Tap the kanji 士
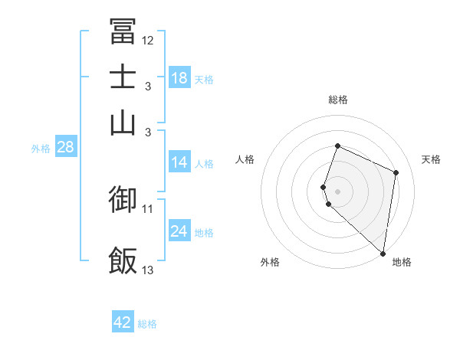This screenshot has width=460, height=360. [123, 78]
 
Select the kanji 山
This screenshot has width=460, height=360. [123, 123]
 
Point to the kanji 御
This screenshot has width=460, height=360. [123, 199]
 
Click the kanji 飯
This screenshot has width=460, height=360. [123, 260]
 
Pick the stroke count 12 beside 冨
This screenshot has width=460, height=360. [148, 40]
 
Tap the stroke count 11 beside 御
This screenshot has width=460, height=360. [148, 208]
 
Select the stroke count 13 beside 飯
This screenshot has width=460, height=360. [148, 270]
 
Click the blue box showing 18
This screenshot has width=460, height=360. [179, 78]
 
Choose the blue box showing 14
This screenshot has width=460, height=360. [179, 162]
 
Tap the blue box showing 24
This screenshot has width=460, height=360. [179, 231]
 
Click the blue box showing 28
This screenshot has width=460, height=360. [65, 148]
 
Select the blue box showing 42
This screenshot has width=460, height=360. [123, 322]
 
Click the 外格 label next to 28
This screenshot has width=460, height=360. [41, 149]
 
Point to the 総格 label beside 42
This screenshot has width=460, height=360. [147, 324]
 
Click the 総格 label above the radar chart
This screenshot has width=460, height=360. [337, 100]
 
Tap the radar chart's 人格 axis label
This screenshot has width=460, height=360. [245, 159]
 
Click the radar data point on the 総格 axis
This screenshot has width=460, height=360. [337, 146]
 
